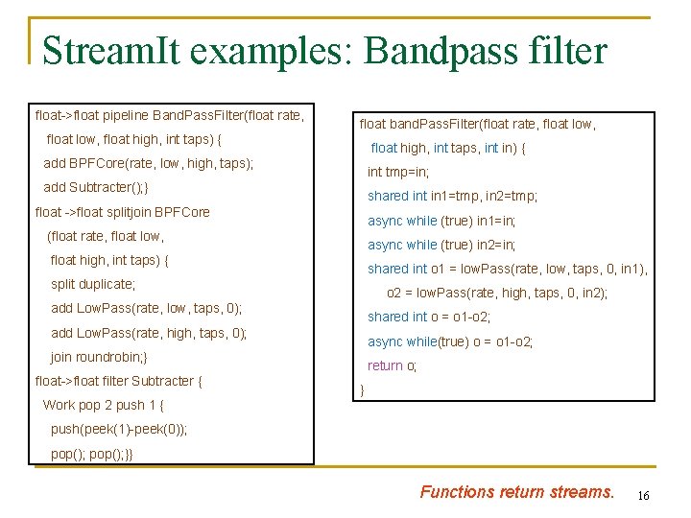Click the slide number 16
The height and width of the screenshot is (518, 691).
[643, 495]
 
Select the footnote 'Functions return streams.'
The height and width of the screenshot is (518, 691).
[516, 492]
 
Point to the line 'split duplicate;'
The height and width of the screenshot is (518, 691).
[93, 284]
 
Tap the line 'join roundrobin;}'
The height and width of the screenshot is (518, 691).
[99, 357]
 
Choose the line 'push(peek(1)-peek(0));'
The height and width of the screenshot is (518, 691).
[119, 429]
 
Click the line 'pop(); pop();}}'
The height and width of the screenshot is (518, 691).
[92, 454]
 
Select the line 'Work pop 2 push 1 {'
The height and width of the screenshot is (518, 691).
[104, 405]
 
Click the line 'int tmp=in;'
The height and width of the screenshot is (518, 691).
[398, 173]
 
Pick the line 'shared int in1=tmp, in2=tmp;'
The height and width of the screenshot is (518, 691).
[452, 197]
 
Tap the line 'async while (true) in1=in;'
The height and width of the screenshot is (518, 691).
[441, 221]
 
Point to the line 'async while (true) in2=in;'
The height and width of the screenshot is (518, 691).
[441, 245]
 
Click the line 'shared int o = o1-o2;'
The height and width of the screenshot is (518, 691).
[429, 317]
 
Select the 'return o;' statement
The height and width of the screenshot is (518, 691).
[393, 365]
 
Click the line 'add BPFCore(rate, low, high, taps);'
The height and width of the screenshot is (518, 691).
[149, 163]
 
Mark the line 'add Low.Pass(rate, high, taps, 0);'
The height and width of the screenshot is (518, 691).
[149, 333]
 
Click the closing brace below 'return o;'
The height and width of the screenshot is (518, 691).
[362, 389]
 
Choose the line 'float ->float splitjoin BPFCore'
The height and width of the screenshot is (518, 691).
[122, 212]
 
